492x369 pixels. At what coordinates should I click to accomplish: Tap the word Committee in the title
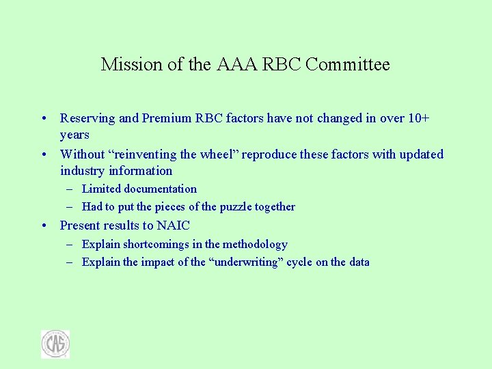(348, 65)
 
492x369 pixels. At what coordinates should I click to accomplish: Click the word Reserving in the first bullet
(87, 118)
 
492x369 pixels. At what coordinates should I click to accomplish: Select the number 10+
(418, 118)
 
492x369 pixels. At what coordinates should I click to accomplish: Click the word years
(74, 135)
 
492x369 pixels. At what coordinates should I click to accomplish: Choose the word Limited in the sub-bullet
(100, 189)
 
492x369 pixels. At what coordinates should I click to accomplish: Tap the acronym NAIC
(173, 225)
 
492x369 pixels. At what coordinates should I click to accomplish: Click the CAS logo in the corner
(55, 344)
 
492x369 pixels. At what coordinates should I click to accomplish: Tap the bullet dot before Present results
(43, 226)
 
